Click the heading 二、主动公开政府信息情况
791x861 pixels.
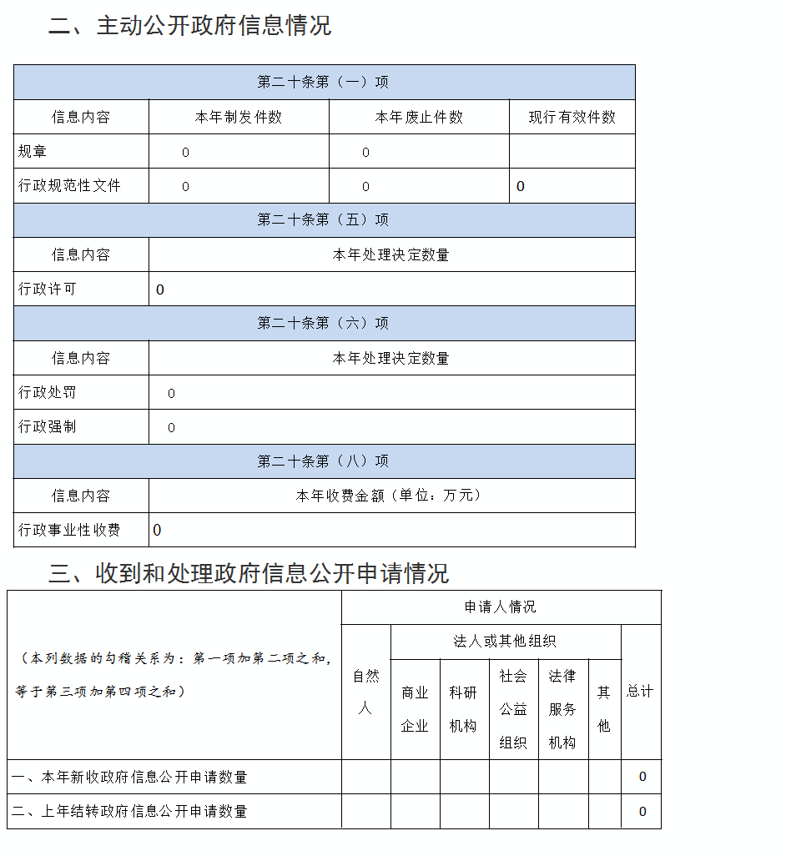coord(189,26)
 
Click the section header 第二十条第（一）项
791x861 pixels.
coord(323,83)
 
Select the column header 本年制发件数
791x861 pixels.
coord(239,118)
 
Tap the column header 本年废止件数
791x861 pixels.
coord(419,118)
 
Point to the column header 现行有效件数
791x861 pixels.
coord(572,118)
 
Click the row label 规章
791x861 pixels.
coord(33,152)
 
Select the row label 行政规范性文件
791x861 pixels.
coord(70,186)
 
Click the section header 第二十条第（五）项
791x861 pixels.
coord(323,220)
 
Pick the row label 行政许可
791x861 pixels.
coord(48,290)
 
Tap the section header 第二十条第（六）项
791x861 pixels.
coord(323,324)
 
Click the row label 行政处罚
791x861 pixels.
coord(48,392)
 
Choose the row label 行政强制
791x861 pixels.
coord(48,427)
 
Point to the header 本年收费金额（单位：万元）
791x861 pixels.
coord(390,496)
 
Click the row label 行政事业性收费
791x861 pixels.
coord(70,530)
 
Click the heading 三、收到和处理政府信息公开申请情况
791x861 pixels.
coord(249,573)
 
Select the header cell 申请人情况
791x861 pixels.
coord(501,607)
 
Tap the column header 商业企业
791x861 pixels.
coord(415,709)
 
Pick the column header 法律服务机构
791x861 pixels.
coord(562,709)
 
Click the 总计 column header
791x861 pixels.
coord(640,692)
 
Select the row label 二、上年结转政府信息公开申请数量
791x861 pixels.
coord(129,811)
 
